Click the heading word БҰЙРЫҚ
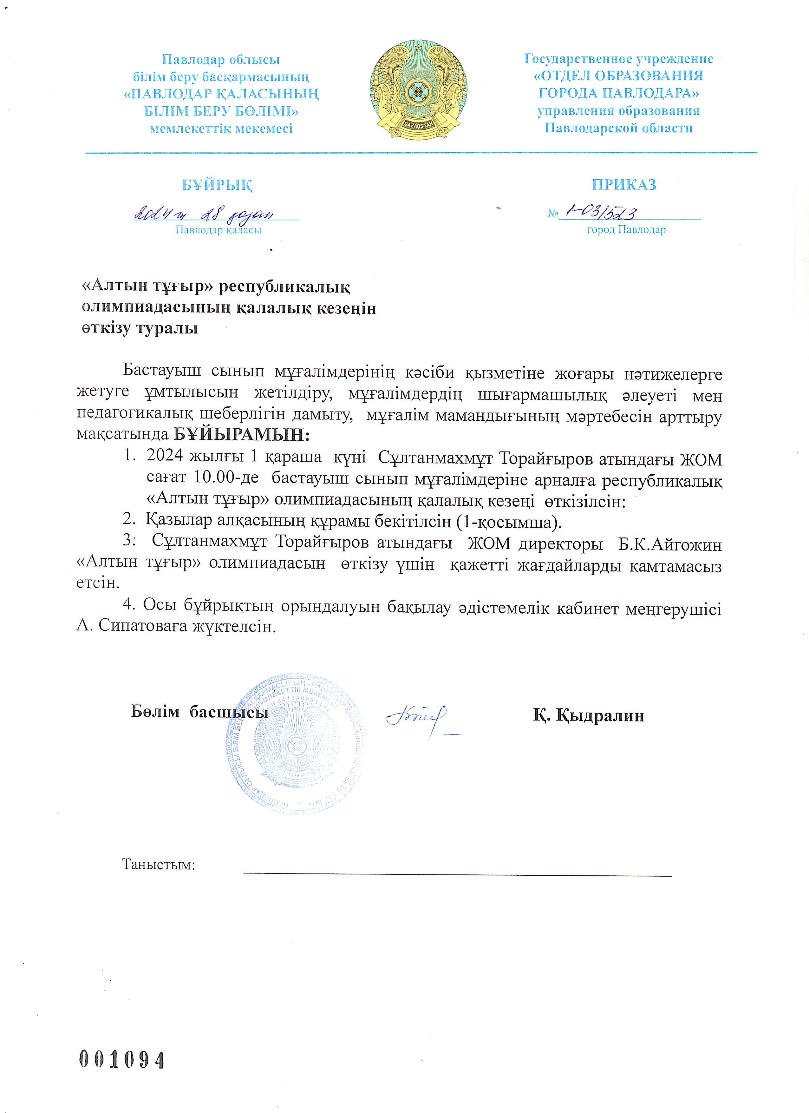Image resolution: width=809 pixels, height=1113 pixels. tap(217, 185)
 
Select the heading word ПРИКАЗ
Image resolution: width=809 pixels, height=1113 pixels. tap(623, 185)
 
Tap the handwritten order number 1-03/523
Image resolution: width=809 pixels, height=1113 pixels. tap(601, 213)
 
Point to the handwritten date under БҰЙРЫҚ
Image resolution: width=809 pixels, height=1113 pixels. tap(204, 214)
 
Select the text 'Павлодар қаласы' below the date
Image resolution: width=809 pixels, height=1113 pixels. tap(218, 230)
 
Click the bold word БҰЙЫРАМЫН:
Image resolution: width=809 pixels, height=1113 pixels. tap(242, 435)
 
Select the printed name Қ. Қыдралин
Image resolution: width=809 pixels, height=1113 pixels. tap(588, 715)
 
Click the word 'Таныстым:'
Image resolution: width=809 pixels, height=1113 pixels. tap(159, 864)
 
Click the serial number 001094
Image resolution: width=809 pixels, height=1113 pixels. tap(122, 1060)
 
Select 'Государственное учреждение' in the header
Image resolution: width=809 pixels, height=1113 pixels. tap(618, 59)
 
